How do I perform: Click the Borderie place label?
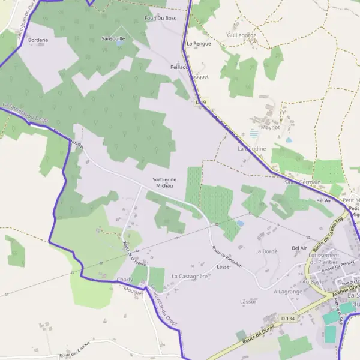(x=38, y=40)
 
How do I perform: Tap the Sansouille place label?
(x=113, y=38)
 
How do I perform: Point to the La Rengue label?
(x=199, y=44)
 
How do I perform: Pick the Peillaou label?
(x=179, y=67)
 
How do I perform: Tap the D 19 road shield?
(x=201, y=103)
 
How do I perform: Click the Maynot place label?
(x=271, y=127)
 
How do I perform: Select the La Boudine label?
(x=251, y=148)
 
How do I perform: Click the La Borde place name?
(x=266, y=251)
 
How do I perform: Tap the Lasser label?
(x=224, y=266)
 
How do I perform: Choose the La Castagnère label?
(x=189, y=276)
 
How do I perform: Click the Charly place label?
(x=125, y=280)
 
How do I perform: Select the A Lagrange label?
(x=287, y=291)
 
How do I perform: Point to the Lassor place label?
(x=248, y=301)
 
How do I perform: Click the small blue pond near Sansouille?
(x=119, y=43)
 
